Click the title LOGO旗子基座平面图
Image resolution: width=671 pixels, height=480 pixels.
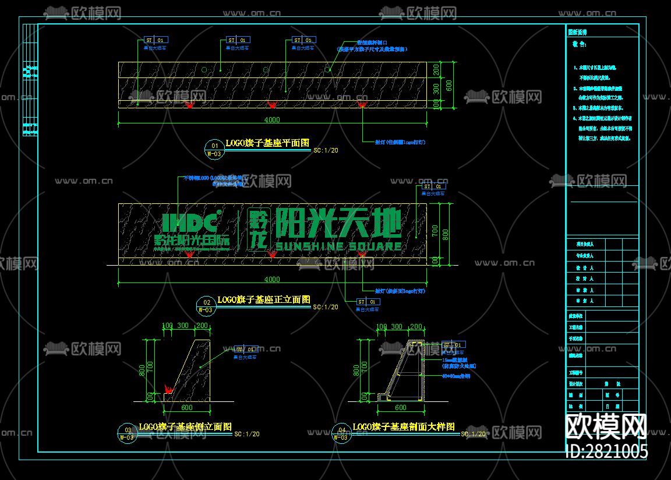[x=267, y=143]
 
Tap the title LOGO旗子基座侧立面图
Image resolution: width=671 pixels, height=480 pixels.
[x=185, y=427]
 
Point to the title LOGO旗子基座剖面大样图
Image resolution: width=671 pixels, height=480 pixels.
[x=404, y=427]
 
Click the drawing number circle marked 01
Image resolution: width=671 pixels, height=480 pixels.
[x=214, y=146]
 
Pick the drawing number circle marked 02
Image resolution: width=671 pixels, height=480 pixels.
[x=206, y=302]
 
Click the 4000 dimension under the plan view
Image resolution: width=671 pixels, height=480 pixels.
[x=272, y=120]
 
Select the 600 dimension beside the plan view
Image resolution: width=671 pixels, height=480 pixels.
[x=449, y=84]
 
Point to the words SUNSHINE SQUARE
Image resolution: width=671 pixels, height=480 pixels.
[x=338, y=246]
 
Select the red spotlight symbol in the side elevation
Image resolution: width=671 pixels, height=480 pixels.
[x=169, y=387]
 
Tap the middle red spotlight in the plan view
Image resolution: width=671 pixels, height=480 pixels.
[x=271, y=104]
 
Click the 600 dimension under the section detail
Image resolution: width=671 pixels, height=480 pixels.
[x=400, y=408]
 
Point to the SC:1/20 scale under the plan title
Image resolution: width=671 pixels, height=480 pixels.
[x=326, y=150]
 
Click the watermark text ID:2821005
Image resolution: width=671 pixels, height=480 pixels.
[x=606, y=451]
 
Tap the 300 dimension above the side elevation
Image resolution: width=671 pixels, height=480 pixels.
[x=183, y=326]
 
